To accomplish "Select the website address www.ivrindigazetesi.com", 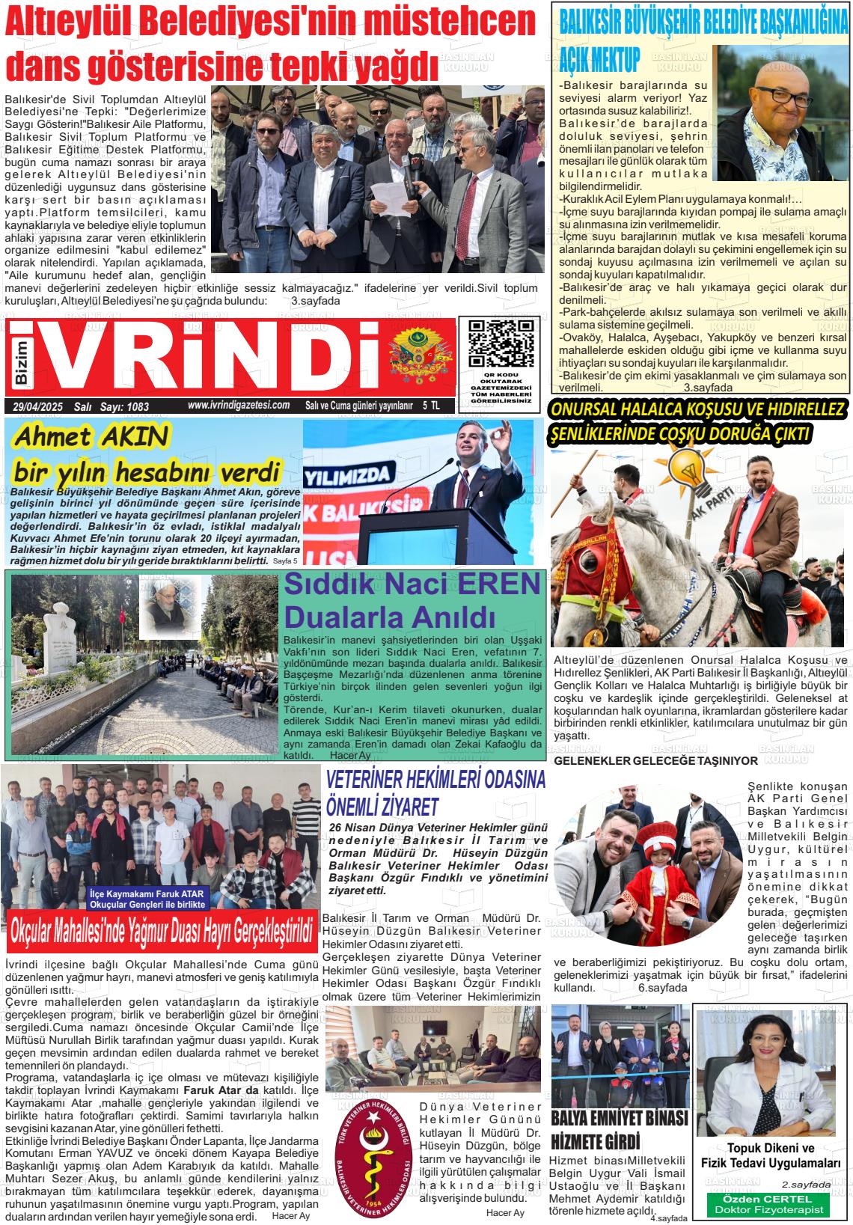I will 239,405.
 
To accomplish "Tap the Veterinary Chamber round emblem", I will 373,1158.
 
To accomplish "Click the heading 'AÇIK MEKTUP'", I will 599,59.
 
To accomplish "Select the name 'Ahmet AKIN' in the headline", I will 91,436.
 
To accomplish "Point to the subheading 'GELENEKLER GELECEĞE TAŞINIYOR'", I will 655,760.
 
